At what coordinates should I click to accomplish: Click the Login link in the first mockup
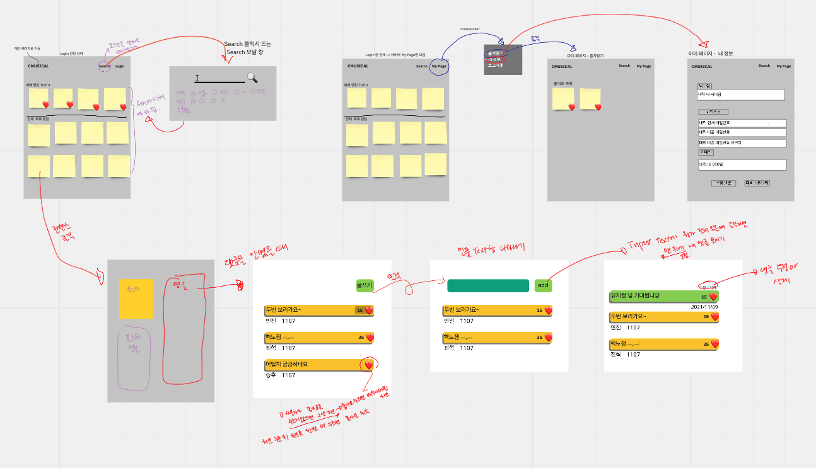(x=120, y=66)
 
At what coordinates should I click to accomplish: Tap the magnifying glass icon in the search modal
(x=252, y=77)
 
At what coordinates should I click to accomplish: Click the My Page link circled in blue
(x=439, y=66)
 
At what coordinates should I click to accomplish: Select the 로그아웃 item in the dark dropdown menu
(x=495, y=66)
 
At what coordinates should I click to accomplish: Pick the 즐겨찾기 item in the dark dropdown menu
(x=496, y=53)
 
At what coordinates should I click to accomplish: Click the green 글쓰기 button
(x=365, y=286)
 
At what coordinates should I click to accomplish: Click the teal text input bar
(x=487, y=286)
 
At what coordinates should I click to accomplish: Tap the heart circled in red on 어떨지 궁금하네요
(x=369, y=365)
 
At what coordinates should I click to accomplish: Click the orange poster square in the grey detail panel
(x=136, y=299)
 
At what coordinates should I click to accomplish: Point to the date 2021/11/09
(x=705, y=307)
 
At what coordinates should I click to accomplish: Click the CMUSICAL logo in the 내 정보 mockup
(x=702, y=66)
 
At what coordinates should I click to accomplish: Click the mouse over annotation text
(x=470, y=29)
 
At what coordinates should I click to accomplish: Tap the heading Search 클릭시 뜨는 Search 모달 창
(x=248, y=48)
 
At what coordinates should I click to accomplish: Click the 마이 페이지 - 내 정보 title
(x=711, y=54)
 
